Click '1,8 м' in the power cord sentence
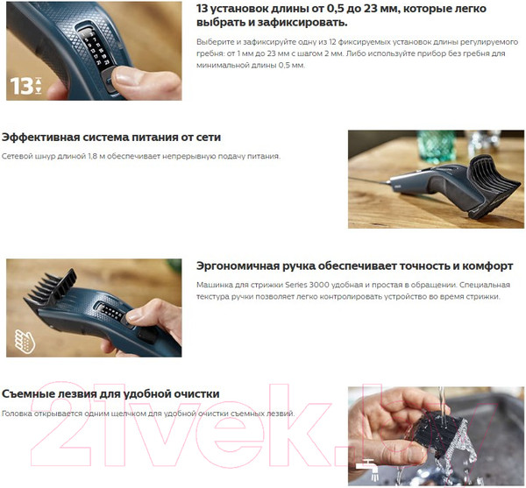[121, 156]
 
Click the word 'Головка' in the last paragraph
[19, 413]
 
